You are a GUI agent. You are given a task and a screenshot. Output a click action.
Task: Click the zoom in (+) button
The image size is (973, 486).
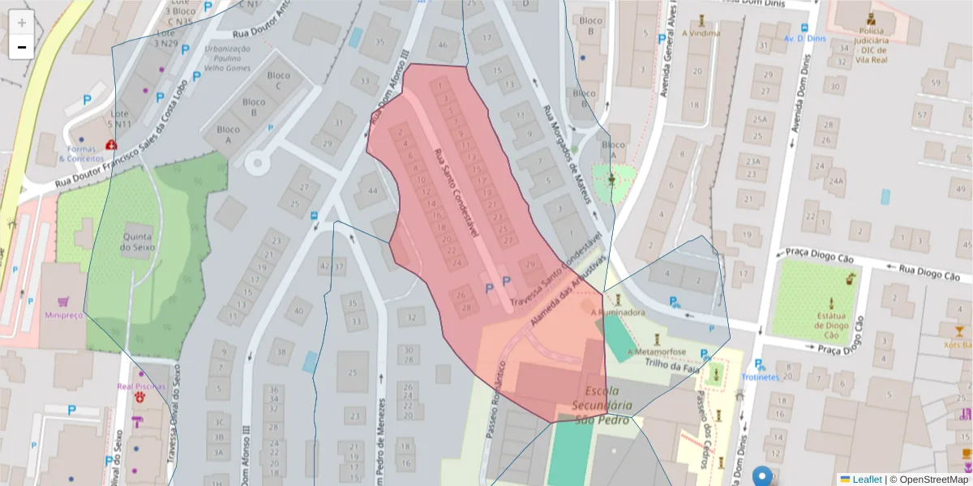(x=22, y=23)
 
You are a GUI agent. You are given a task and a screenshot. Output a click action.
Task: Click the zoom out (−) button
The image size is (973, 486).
(x=22, y=47)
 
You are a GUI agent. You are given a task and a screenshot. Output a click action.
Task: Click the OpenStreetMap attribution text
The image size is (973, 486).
(x=932, y=480)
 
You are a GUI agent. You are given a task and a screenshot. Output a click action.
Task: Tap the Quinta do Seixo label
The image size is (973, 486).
(x=139, y=241)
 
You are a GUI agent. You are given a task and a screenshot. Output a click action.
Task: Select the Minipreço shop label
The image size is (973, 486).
(x=64, y=315)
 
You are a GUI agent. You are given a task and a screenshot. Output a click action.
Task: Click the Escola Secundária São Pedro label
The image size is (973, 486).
(x=602, y=404)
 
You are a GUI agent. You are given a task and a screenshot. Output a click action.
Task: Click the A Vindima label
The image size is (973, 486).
(x=701, y=33)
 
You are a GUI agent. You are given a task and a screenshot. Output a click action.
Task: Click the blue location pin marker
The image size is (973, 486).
(x=762, y=475)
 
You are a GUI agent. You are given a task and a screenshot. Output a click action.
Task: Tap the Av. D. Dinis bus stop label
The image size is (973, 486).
(x=804, y=38)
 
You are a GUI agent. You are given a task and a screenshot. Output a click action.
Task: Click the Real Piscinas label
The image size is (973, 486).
(x=141, y=386)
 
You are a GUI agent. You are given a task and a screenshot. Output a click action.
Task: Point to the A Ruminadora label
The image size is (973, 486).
(x=618, y=312)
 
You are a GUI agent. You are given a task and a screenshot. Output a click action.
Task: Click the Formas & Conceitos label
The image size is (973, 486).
(x=88, y=153)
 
